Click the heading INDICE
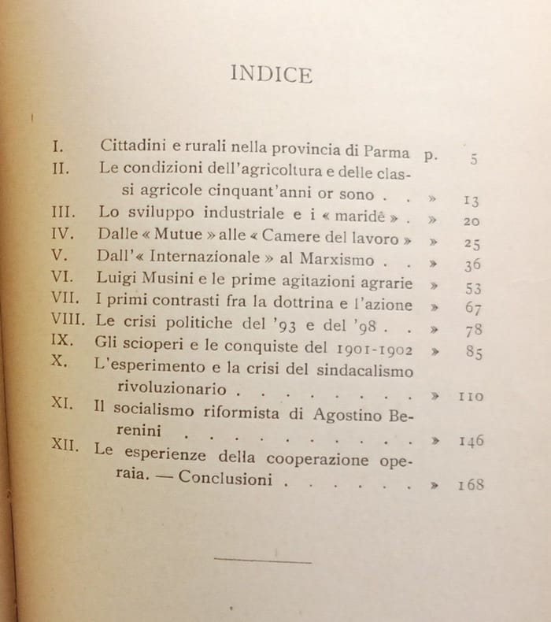point(272,75)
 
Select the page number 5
point(474,158)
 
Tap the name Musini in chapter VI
point(169,280)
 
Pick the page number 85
point(474,353)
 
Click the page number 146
point(471,440)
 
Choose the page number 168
point(471,484)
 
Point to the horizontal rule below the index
point(263,561)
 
